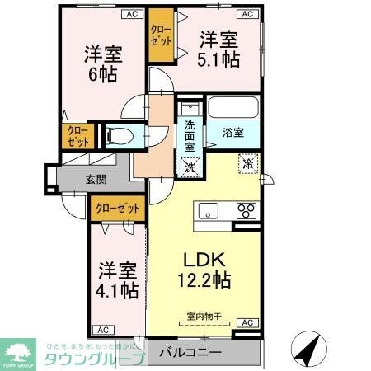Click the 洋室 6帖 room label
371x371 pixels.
(x=104, y=64)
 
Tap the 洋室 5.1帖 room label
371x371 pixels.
(x=219, y=49)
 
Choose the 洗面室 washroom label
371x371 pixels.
(x=190, y=134)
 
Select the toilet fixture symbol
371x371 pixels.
(x=117, y=134)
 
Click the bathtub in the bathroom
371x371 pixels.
(x=233, y=108)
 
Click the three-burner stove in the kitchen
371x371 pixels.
(x=247, y=211)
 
